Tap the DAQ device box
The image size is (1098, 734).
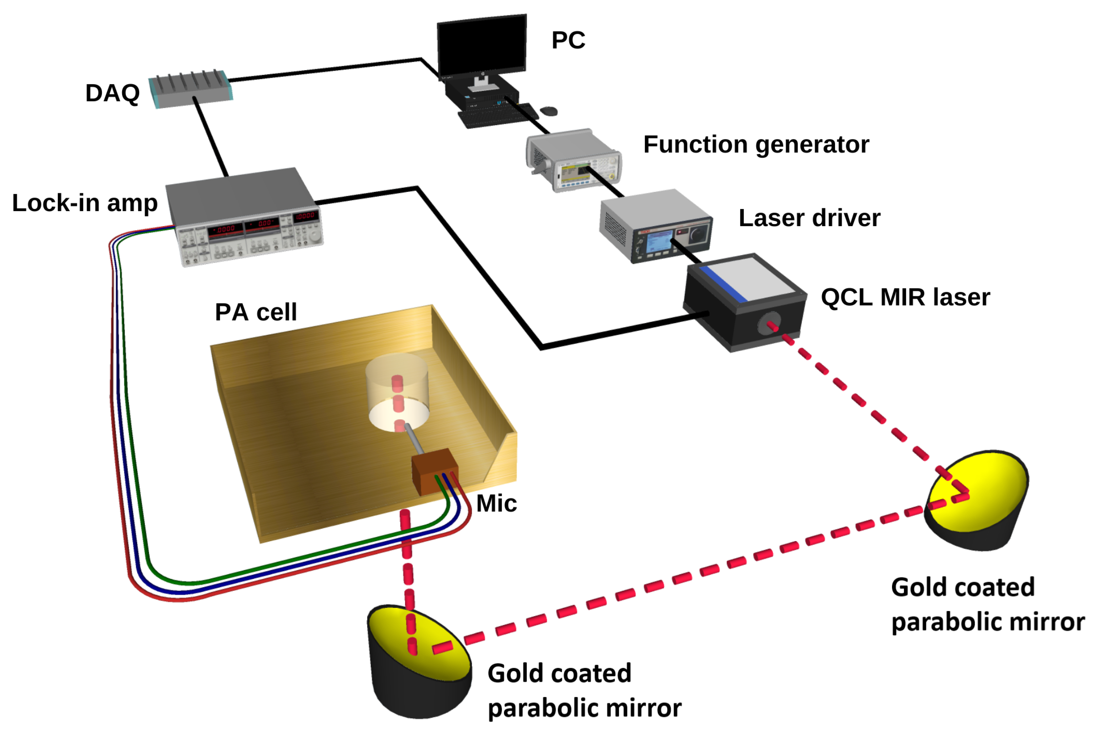tap(191, 90)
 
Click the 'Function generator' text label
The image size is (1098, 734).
tap(756, 144)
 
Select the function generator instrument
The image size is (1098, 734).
tap(574, 160)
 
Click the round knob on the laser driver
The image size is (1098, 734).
tap(698, 233)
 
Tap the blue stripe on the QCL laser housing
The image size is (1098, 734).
tap(724, 283)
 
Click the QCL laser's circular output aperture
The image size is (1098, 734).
tap(768, 323)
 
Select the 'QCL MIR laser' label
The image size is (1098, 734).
tap(905, 297)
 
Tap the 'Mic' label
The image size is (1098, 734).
tap(496, 504)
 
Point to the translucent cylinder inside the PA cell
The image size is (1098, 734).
tap(397, 391)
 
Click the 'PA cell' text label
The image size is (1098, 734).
tap(256, 312)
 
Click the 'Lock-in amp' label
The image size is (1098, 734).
tap(85, 203)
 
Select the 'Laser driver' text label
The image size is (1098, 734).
tap(809, 218)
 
